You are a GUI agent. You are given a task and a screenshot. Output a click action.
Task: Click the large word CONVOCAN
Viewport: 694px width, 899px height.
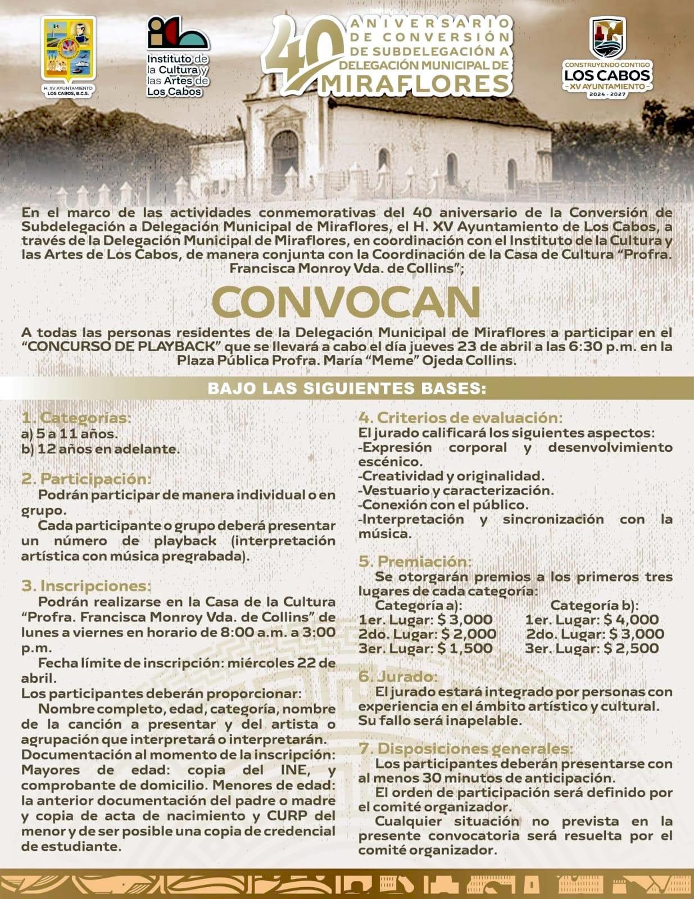click(x=347, y=303)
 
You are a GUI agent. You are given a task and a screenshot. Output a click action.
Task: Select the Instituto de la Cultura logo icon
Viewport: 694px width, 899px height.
click(x=178, y=34)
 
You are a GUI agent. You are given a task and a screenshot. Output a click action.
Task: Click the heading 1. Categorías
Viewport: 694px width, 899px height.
click(x=76, y=418)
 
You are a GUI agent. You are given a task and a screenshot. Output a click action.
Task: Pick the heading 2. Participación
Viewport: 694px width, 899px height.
click(x=87, y=479)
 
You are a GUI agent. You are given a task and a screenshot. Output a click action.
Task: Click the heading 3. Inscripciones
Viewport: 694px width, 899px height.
click(x=87, y=586)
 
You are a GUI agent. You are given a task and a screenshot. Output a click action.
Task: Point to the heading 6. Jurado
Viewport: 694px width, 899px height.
click(x=398, y=676)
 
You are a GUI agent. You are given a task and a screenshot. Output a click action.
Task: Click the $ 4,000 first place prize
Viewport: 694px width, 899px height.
click(x=631, y=620)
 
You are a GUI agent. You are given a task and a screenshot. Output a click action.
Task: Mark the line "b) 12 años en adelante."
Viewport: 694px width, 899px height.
click(x=101, y=449)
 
